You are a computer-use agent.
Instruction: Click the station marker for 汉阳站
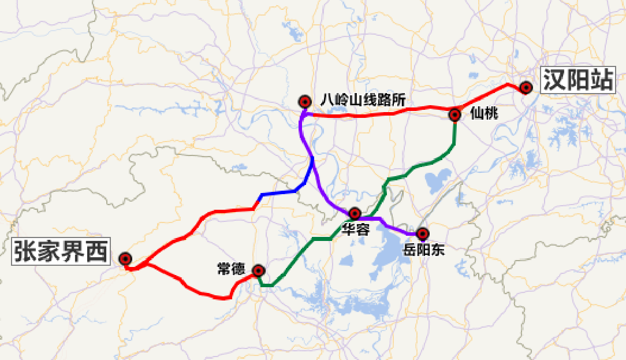(x=526, y=88)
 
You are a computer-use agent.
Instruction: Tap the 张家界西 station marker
(x=125, y=259)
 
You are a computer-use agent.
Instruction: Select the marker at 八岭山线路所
(x=305, y=102)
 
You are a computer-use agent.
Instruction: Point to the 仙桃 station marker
(x=455, y=114)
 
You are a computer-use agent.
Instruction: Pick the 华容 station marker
(x=355, y=214)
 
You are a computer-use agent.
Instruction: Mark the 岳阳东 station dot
(x=423, y=233)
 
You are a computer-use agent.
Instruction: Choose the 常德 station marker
(x=259, y=270)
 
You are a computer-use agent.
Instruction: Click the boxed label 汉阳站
(x=576, y=80)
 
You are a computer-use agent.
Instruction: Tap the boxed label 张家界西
(x=61, y=252)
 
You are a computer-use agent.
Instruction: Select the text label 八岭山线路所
(x=363, y=99)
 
